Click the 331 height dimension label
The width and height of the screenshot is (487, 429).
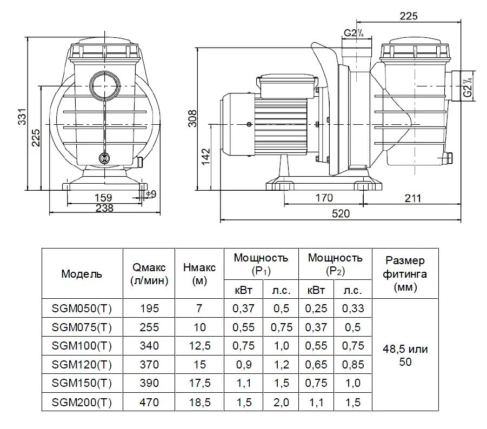point(22,117)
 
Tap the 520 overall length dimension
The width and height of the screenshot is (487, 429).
point(341,213)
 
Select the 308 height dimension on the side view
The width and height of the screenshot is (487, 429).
point(192,118)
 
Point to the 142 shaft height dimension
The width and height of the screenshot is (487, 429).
point(206,157)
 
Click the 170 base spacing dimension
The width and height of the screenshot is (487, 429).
point(324,198)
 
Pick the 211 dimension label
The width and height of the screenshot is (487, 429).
point(413,198)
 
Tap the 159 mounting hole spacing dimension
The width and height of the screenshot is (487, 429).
point(103,197)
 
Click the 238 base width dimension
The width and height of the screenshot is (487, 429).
point(104,208)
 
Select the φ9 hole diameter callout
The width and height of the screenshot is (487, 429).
point(151,194)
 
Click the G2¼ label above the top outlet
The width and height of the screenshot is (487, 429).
point(353,32)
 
